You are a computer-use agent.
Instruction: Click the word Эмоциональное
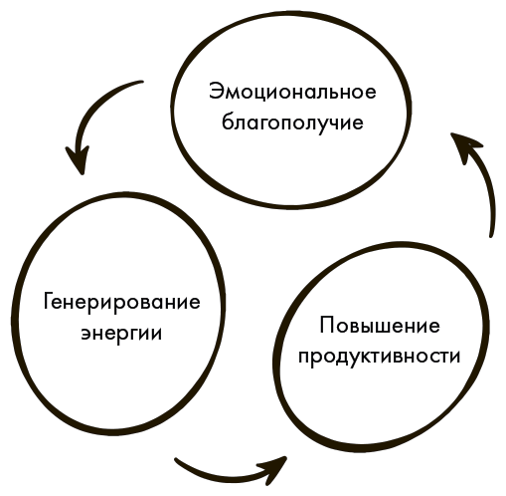pos(292,92)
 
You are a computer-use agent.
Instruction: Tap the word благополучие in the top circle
pos(292,123)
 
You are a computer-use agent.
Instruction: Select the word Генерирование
pos(122,303)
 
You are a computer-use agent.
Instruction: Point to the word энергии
pos(122,334)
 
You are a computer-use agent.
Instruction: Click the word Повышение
pos(380,326)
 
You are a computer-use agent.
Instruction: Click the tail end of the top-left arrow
pos(141,82)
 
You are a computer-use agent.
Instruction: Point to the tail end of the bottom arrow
pos(176,460)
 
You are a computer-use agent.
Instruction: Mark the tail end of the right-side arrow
pos(491,235)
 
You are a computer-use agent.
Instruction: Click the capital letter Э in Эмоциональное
pos(216,92)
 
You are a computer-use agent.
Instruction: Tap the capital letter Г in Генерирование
pos(49,302)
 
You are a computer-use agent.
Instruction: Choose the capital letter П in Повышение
pos(327,326)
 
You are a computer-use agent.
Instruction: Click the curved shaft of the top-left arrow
pos(93,107)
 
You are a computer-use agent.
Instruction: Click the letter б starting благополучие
pos(228,122)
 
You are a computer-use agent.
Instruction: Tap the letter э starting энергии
pos(86,334)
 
